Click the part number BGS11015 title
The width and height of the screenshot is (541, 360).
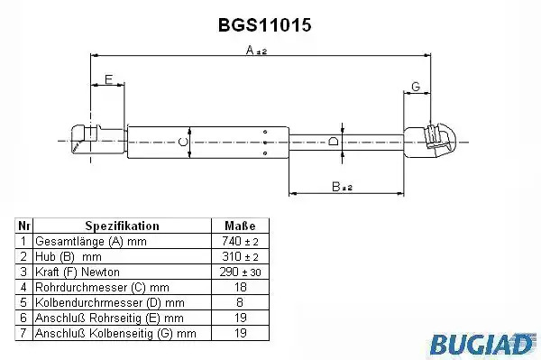[264, 25]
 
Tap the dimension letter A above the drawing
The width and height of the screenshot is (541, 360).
[250, 51]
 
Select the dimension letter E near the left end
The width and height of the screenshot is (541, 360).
[108, 79]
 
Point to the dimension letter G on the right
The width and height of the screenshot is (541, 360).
[416, 87]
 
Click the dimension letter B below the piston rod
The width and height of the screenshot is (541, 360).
[335, 187]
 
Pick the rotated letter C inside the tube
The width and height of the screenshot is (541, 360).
[183, 142]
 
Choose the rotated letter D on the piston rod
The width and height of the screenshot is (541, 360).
[334, 142]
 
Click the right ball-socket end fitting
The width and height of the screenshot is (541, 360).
[430, 141]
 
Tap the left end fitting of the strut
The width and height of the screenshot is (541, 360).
[98, 139]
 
